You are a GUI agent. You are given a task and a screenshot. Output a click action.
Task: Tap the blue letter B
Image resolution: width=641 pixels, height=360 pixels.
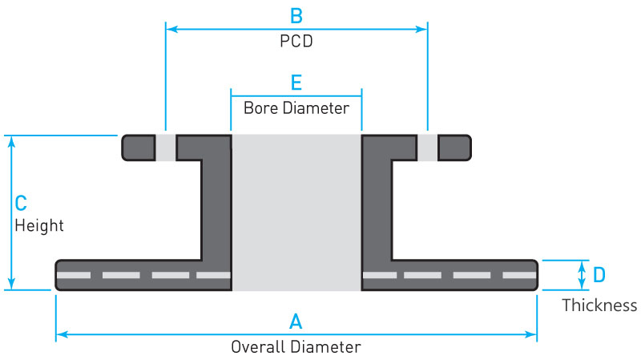[x=296, y=15]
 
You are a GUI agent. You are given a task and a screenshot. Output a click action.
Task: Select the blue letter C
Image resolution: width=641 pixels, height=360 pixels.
[x=22, y=204]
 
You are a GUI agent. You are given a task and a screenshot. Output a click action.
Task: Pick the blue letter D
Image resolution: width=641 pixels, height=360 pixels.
[x=599, y=275]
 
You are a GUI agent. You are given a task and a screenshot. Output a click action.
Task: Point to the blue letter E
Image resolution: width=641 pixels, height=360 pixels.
[x=296, y=83]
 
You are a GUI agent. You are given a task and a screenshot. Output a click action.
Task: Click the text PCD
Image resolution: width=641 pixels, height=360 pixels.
[x=296, y=42]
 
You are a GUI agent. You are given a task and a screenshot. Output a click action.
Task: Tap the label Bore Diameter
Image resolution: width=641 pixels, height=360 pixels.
[x=296, y=107]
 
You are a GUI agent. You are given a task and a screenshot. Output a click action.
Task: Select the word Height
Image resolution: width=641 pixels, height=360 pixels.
[x=39, y=226]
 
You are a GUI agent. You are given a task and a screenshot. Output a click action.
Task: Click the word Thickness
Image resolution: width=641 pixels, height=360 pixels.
[x=599, y=305]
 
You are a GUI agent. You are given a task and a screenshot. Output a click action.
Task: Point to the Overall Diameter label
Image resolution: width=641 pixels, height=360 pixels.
[x=296, y=347]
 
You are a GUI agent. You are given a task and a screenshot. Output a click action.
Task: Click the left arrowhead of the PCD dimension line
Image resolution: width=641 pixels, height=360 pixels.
[x=170, y=29]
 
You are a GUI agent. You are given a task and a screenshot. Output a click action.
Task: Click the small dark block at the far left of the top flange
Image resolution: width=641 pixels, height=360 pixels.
[x=139, y=148]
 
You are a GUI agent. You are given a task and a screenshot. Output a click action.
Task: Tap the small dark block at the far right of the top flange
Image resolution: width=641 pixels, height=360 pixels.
[x=454, y=148]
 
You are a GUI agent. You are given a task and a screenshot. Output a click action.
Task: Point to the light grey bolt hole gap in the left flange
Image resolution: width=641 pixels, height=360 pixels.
[x=165, y=148]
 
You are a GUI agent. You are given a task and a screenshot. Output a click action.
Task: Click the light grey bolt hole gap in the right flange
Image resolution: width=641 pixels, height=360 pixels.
[x=428, y=148]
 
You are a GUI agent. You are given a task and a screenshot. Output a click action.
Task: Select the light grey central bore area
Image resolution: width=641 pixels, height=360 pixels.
[x=296, y=212]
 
